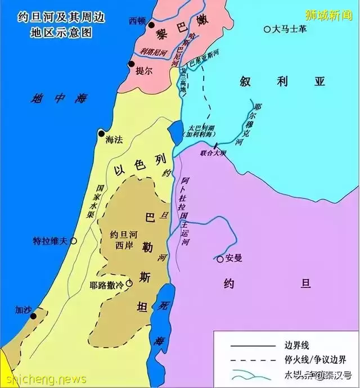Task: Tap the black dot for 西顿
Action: click(x=150, y=25)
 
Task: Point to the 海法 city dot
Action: click(x=102, y=134)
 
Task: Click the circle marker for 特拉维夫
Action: click(x=73, y=241)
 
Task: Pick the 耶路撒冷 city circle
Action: click(x=129, y=285)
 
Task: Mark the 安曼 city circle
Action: click(x=220, y=259)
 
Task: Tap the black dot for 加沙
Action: click(x=33, y=316)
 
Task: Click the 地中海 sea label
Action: click(x=60, y=99)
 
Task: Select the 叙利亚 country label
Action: click(x=282, y=82)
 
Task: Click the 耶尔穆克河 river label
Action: click(x=255, y=123)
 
